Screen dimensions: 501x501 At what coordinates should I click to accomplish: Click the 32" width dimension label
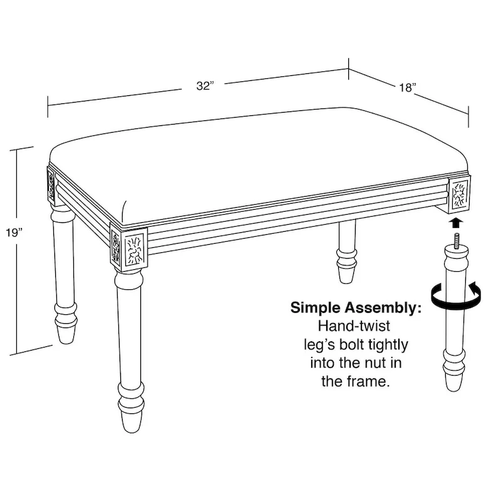point(205,86)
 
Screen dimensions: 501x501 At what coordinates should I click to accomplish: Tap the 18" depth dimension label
point(406,88)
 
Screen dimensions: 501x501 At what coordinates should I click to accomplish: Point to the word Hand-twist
point(353,326)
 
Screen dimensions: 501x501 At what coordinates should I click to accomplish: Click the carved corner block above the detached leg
point(460,194)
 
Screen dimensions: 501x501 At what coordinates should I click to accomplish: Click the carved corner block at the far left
point(51,183)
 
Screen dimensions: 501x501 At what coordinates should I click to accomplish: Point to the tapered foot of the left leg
point(65,331)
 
